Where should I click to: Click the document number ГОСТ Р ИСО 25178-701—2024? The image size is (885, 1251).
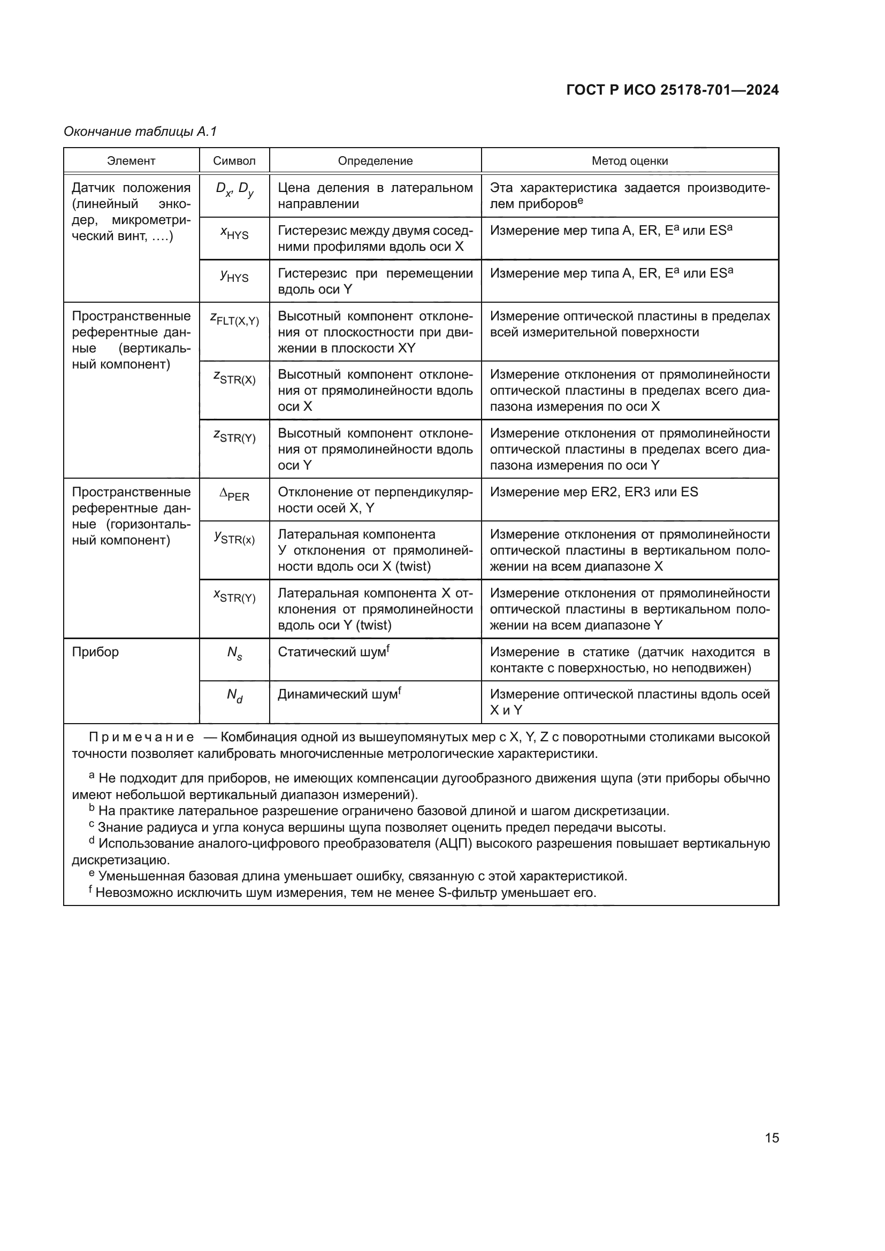click(673, 90)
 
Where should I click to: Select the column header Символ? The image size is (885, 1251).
click(234, 161)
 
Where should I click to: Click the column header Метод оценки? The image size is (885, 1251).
click(629, 161)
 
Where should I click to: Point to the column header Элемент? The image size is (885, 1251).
click(131, 161)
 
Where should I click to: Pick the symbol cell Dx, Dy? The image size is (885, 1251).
click(234, 190)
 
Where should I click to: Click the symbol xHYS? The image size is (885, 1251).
click(234, 233)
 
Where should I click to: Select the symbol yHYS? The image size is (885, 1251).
click(234, 275)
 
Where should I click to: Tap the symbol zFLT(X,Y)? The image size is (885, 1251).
click(234, 319)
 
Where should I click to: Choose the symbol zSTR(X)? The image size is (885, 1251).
click(234, 378)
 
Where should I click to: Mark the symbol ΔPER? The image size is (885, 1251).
click(234, 495)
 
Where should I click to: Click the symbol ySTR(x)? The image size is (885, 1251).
click(234, 538)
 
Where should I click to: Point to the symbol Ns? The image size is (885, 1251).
click(234, 653)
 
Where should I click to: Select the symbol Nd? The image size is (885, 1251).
click(234, 696)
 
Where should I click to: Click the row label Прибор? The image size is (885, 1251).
click(95, 652)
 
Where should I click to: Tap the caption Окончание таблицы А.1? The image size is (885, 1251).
click(140, 132)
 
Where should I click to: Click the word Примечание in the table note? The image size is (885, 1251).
click(141, 738)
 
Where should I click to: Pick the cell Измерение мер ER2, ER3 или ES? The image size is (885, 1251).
click(593, 492)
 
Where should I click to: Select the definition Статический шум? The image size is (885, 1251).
click(333, 652)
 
